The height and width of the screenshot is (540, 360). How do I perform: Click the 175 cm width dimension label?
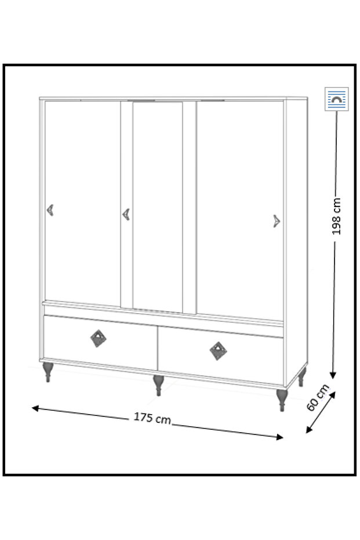pyautogui.click(x=152, y=418)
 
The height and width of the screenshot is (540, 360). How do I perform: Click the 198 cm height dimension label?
pyautogui.click(x=336, y=216)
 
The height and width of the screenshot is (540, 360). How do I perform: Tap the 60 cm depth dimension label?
pyautogui.click(x=318, y=397)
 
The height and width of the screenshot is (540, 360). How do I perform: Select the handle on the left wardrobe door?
pyautogui.click(x=50, y=210)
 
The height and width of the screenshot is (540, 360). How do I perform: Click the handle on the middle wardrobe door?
pyautogui.click(x=126, y=215)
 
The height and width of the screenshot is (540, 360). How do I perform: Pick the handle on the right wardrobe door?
pyautogui.click(x=277, y=221)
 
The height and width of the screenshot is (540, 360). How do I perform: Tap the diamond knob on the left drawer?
pyautogui.click(x=99, y=338)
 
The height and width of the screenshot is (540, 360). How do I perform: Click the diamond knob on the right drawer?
pyautogui.click(x=218, y=351)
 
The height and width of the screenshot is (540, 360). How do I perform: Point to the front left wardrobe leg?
pyautogui.click(x=48, y=372)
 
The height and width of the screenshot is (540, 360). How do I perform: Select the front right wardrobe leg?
pyautogui.click(x=282, y=400)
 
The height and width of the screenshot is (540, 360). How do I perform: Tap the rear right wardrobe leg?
pyautogui.click(x=301, y=377)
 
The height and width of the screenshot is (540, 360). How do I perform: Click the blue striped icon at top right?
pyautogui.click(x=337, y=99)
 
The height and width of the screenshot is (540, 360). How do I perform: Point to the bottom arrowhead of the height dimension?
pyautogui.click(x=333, y=375)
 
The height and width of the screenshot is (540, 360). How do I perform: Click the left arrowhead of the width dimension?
pyautogui.click(x=36, y=408)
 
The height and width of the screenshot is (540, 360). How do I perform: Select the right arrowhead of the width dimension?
pyautogui.click(x=279, y=437)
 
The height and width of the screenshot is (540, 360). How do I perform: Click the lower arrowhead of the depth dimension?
pyautogui.click(x=309, y=429)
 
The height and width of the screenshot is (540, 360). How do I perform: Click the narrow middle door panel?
pyautogui.click(x=157, y=206)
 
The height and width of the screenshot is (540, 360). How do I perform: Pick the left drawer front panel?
pyautogui.click(x=100, y=342)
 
